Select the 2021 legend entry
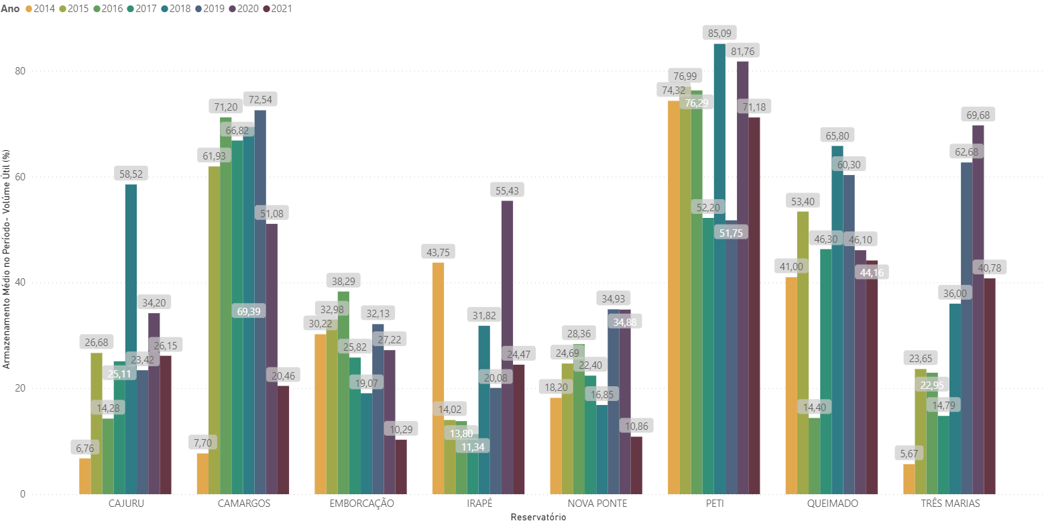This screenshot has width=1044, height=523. pyautogui.click(x=277, y=9)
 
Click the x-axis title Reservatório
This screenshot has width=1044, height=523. pyautogui.click(x=538, y=517)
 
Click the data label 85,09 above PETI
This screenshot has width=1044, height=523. pyautogui.click(x=719, y=32)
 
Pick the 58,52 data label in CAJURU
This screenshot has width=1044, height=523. pyautogui.click(x=131, y=174)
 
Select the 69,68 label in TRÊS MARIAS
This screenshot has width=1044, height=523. pyautogui.click(x=978, y=115)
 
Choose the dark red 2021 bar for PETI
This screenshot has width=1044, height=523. pyautogui.click(x=754, y=306)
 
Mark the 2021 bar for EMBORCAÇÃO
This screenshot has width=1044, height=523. pyautogui.click(x=401, y=467)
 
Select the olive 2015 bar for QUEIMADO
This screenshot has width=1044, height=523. pyautogui.click(x=803, y=353)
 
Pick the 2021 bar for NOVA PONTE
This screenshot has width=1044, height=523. pyautogui.click(x=636, y=465)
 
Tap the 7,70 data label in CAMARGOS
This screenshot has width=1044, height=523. pyautogui.click(x=202, y=443)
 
